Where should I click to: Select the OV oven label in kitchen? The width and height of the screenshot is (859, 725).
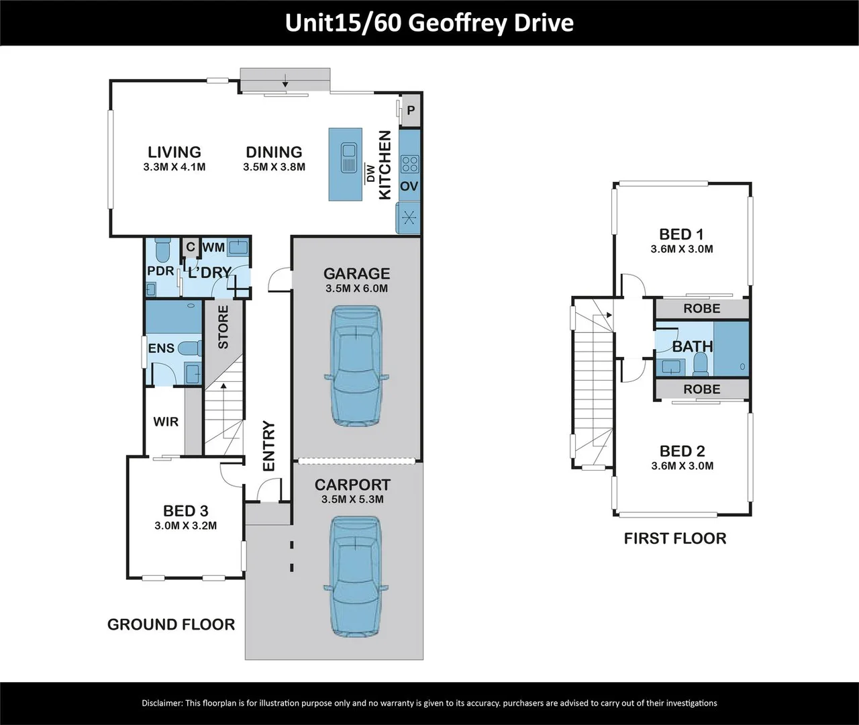[409, 186]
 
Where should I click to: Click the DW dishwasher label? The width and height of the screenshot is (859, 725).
[369, 173]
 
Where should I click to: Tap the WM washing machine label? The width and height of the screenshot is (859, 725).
[213, 247]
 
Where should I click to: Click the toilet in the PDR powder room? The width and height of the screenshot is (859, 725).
[162, 251]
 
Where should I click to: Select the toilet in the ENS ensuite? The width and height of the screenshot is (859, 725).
[191, 348]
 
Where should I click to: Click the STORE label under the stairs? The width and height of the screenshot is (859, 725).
[223, 327]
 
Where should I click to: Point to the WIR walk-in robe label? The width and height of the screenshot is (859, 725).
[166, 422]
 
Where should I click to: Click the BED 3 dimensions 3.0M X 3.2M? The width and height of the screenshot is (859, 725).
[185, 526]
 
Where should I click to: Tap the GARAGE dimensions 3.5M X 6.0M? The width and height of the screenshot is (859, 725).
[356, 289]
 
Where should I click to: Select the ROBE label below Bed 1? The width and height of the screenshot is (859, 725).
[701, 309]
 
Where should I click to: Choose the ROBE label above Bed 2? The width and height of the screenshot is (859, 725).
[701, 389]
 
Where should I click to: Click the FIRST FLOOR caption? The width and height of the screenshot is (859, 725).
[674, 538]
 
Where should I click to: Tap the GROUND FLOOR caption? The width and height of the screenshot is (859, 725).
[171, 624]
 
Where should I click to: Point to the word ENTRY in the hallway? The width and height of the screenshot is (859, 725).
[268, 446]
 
